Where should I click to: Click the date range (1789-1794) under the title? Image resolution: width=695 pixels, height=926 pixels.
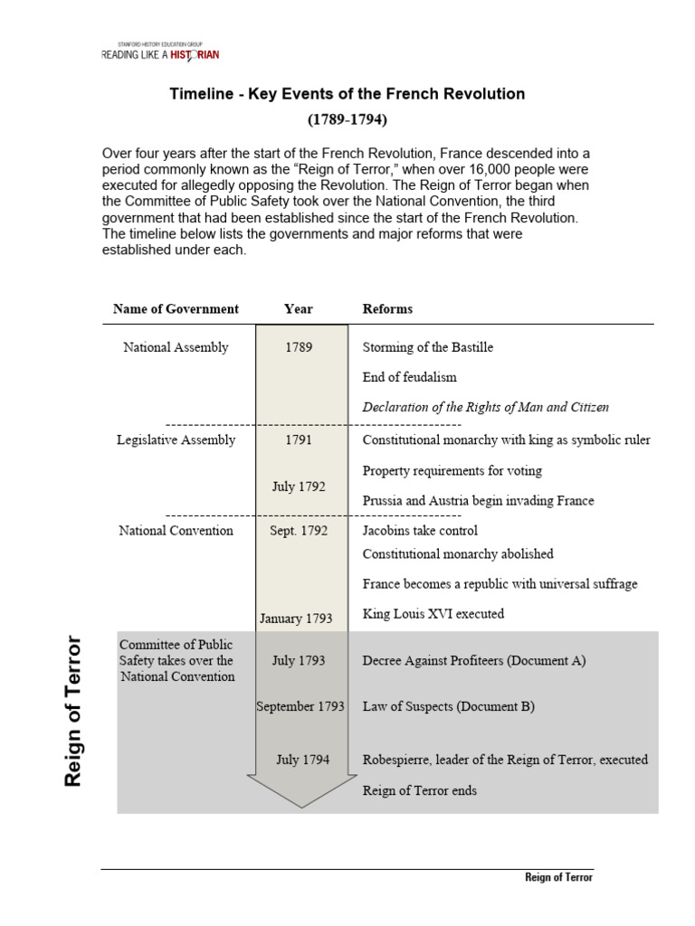(347, 119)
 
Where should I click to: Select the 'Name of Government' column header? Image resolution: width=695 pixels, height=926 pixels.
(176, 309)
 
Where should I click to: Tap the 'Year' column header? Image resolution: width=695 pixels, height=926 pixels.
(299, 309)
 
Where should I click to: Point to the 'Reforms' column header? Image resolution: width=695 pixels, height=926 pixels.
(387, 309)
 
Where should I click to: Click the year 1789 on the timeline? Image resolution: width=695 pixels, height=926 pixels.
(299, 347)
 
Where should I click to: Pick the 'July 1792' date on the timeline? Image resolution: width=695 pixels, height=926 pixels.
(299, 487)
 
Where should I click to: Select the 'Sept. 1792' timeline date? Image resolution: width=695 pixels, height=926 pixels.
(299, 531)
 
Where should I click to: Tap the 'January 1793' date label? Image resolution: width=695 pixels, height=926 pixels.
(296, 619)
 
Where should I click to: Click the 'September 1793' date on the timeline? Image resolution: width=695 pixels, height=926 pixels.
(300, 706)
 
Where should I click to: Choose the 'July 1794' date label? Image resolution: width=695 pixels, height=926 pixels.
(302, 760)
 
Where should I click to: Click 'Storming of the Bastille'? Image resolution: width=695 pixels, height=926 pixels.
(428, 347)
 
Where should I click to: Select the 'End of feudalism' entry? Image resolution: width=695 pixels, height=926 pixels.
(409, 377)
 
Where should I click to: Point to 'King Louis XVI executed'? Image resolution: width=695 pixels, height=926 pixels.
(433, 614)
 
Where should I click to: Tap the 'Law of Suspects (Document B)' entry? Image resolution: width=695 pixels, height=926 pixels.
(448, 706)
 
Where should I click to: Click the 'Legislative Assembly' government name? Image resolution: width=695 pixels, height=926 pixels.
(176, 440)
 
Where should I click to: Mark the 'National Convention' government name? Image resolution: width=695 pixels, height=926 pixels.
(176, 531)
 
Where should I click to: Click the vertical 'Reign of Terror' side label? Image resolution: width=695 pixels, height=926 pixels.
(74, 712)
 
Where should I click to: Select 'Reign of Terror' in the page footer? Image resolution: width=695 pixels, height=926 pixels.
(559, 878)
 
